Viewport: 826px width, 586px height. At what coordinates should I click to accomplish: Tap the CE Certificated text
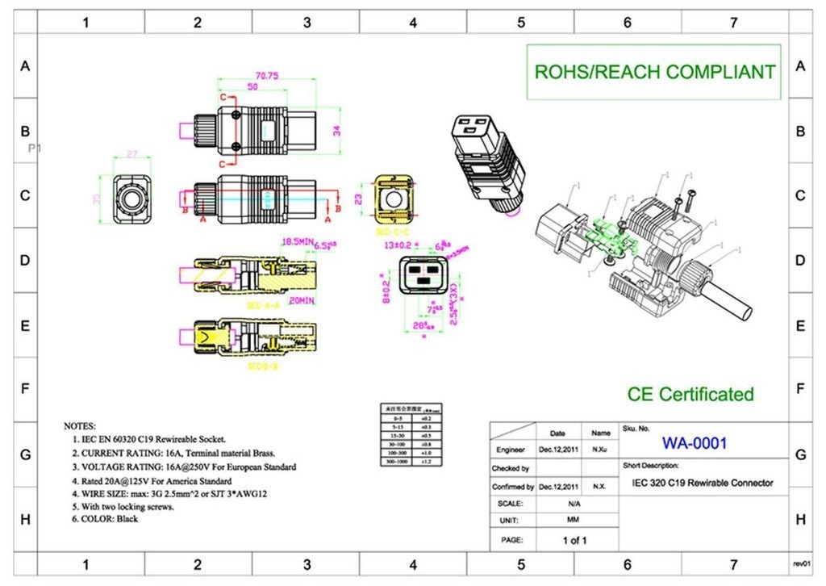click(690, 395)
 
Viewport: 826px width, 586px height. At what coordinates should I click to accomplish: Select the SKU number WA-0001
click(695, 443)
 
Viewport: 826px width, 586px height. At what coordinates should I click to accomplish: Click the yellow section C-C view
click(394, 199)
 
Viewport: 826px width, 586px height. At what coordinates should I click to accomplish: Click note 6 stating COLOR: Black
click(109, 519)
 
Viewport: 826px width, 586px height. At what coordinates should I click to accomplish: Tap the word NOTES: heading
click(80, 425)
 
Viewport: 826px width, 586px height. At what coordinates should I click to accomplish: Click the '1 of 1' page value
click(574, 540)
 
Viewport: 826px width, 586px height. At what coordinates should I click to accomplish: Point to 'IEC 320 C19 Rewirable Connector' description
click(703, 483)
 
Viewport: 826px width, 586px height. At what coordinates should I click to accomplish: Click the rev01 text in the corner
click(801, 563)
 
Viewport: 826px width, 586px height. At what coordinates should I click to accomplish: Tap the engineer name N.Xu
click(600, 448)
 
